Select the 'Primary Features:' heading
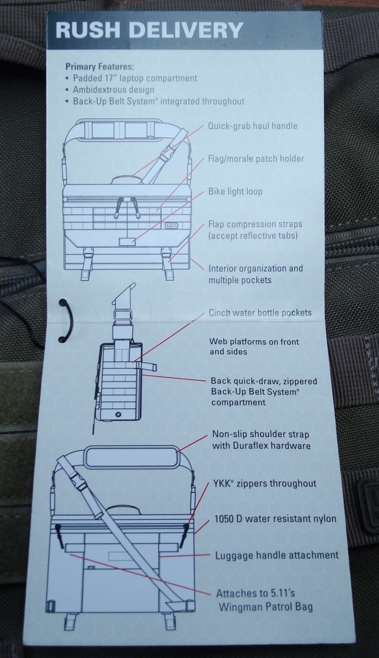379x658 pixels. click(x=100, y=67)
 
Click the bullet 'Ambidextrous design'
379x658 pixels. click(x=113, y=89)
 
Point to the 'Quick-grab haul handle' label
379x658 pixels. click(x=253, y=126)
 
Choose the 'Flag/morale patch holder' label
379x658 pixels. click(x=256, y=159)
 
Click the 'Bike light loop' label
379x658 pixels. click(x=235, y=192)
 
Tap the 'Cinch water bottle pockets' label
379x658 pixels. click(x=260, y=313)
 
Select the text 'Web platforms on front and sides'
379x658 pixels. click(x=254, y=346)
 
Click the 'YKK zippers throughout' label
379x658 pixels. click(x=265, y=483)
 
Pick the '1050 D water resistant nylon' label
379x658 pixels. click(x=275, y=519)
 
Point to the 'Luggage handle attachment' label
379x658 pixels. click(x=277, y=555)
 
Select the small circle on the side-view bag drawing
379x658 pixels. click(x=119, y=414)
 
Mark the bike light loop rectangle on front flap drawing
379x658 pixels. click(x=127, y=242)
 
